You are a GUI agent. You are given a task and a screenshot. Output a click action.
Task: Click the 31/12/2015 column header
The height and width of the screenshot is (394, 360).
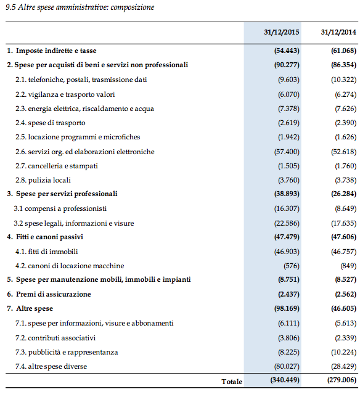pyautogui.click(x=281, y=32)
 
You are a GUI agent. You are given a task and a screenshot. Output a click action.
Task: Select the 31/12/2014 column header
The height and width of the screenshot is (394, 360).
pyautogui.click(x=338, y=32)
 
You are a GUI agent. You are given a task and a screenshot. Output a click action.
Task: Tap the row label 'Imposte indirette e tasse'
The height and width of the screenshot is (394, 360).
pyautogui.click(x=56, y=51)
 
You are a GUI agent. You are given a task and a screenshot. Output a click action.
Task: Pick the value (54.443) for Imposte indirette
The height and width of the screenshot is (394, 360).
pyautogui.click(x=287, y=51)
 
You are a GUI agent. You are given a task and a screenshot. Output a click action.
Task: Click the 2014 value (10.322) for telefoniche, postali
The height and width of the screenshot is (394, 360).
pyautogui.click(x=344, y=80)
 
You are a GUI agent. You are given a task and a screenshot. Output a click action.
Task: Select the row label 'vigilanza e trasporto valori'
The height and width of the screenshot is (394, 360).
pyautogui.click(x=72, y=94)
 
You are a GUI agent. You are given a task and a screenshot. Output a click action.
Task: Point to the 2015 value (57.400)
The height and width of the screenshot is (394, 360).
pyautogui.click(x=287, y=152)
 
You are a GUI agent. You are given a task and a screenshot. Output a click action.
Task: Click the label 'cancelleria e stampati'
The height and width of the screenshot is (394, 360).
pyautogui.click(x=63, y=166)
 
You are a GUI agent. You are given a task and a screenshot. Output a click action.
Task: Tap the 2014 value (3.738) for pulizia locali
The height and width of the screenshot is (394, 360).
pyautogui.click(x=345, y=180)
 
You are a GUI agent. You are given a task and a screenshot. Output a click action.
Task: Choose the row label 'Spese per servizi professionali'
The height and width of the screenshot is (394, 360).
pyautogui.click(x=67, y=194)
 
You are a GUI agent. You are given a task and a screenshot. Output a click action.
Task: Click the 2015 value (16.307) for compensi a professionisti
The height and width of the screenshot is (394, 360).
pyautogui.click(x=287, y=208)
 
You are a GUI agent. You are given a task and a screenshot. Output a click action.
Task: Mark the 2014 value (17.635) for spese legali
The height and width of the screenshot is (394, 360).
pyautogui.click(x=344, y=223)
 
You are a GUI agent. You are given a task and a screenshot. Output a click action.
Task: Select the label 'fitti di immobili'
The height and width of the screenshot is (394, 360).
pyautogui.click(x=53, y=252)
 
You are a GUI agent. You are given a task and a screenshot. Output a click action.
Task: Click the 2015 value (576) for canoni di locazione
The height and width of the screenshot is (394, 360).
pyautogui.click(x=292, y=266)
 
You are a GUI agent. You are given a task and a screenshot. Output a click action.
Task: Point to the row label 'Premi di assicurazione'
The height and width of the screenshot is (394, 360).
pyautogui.click(x=54, y=294)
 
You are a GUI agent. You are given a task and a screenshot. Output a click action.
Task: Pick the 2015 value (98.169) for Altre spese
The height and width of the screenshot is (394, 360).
pyautogui.click(x=287, y=308)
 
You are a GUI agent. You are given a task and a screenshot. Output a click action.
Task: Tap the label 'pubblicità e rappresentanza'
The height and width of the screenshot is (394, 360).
pyautogui.click(x=73, y=352)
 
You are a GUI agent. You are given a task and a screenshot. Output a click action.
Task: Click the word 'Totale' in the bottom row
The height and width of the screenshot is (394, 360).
pyautogui.click(x=232, y=382)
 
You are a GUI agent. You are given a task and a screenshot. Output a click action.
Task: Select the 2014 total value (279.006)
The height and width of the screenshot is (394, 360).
pyautogui.click(x=342, y=380)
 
